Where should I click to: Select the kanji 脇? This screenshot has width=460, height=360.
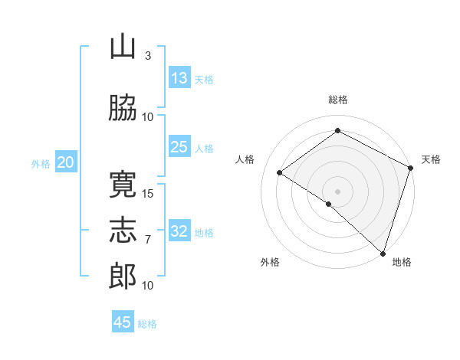[123, 107]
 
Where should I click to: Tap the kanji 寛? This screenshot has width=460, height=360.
[123, 185]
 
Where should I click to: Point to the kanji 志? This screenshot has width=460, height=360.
[123, 230]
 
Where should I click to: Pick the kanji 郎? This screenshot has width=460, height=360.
[123, 277]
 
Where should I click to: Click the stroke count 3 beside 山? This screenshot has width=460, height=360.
[148, 56]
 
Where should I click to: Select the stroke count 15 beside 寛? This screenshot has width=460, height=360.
[147, 194]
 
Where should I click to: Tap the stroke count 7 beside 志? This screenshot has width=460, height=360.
[148, 240]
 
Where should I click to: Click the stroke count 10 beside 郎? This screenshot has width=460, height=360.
[147, 285]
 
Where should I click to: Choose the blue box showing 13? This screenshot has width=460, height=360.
[179, 77]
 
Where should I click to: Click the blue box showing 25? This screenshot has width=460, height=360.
[179, 146]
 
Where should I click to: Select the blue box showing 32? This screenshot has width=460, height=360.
[179, 230]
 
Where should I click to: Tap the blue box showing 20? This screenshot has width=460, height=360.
[66, 162]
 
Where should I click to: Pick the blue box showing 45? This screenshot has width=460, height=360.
[123, 321]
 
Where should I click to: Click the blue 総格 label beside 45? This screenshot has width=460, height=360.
[147, 324]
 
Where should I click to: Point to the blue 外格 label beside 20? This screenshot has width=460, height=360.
[41, 164]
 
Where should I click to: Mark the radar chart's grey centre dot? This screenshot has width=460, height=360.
[337, 191]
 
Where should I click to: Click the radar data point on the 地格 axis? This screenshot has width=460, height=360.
[383, 254]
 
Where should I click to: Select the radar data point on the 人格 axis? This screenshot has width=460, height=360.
[280, 172]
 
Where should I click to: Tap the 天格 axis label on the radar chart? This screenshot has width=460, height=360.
[431, 159]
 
